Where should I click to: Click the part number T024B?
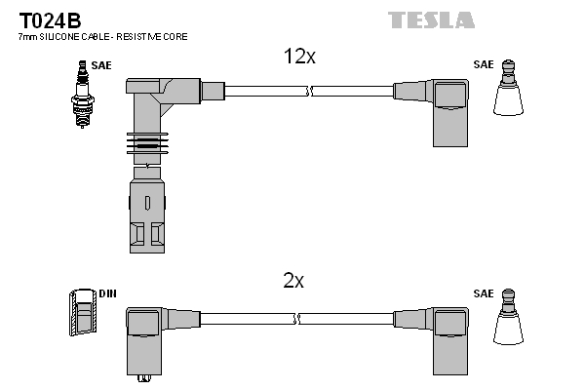(x=50, y=19)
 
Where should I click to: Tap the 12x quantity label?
(x=299, y=58)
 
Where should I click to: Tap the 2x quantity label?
(x=293, y=281)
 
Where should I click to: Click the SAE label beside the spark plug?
(x=102, y=66)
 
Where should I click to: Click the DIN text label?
(x=107, y=292)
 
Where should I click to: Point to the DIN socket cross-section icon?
(x=82, y=315)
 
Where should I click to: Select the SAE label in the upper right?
(x=483, y=65)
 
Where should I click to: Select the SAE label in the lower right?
(x=483, y=292)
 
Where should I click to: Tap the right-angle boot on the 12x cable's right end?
(x=438, y=108)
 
